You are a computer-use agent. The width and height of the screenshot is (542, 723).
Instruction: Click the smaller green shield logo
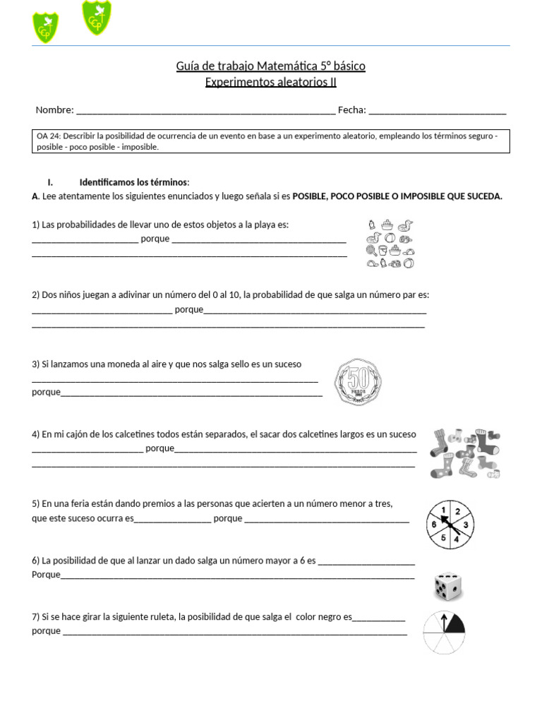(x=46, y=28)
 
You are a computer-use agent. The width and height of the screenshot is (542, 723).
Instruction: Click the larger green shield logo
(x=96, y=18)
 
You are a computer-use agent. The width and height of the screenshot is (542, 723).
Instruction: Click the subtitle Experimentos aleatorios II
(x=270, y=82)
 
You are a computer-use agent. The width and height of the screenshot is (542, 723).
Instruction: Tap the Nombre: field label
(x=54, y=109)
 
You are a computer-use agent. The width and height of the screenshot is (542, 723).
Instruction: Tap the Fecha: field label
(x=351, y=109)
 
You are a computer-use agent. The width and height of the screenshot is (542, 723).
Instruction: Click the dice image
(x=447, y=586)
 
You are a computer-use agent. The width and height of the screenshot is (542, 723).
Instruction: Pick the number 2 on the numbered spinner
(x=457, y=512)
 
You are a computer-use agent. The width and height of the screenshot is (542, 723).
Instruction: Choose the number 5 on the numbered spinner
(x=442, y=538)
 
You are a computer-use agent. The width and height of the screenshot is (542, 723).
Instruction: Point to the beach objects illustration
(x=390, y=244)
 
